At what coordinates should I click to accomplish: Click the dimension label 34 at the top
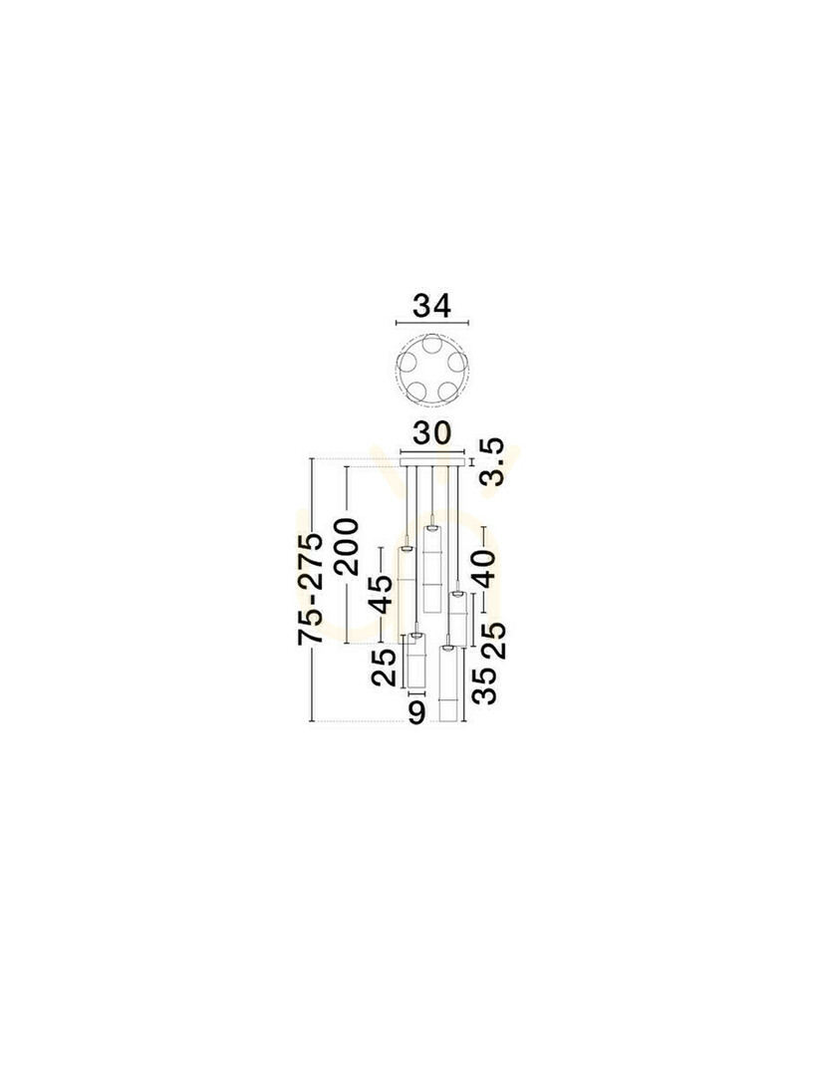431,306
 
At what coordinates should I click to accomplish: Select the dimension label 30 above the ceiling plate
431,433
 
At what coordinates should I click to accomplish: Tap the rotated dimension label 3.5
492,462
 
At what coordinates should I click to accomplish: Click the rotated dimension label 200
345,547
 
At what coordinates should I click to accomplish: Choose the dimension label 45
381,594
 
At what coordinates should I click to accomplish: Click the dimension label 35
484,686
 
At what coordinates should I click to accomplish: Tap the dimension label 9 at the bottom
416,711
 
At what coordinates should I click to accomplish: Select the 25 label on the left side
384,668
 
